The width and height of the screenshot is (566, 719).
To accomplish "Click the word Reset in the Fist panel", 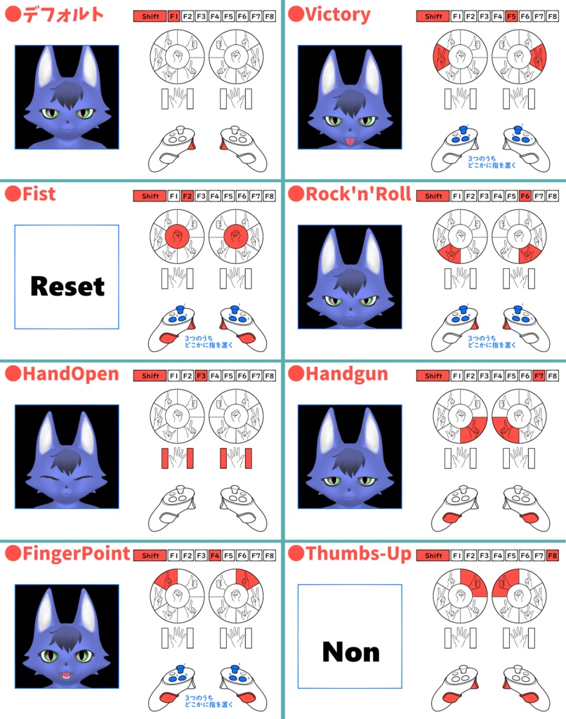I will click(x=67, y=286).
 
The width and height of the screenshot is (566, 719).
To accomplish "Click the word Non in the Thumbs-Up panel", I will click(x=350, y=652).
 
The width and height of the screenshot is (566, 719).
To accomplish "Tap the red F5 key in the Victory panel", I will click(x=511, y=15).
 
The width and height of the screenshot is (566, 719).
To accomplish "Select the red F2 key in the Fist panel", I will click(x=187, y=196).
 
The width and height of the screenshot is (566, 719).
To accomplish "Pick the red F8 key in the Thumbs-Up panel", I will click(x=552, y=555).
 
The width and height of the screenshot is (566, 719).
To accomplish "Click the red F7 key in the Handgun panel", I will click(x=539, y=376).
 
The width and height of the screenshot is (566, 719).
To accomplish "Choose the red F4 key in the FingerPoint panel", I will click(x=214, y=555).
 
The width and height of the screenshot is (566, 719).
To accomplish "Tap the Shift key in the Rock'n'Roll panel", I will click(x=433, y=196).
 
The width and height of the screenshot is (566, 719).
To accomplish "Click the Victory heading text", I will click(x=338, y=13).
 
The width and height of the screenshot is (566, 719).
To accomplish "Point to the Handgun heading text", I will click(x=346, y=374).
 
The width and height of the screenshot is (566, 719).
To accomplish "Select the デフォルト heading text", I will click(x=63, y=14).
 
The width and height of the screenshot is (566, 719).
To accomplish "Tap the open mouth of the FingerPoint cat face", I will click(x=67, y=676).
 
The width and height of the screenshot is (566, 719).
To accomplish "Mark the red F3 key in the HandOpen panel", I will click(x=201, y=376).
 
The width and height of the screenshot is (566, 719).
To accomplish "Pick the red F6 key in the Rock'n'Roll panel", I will click(x=525, y=196).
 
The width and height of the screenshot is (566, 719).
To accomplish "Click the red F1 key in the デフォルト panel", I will click(x=173, y=15).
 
